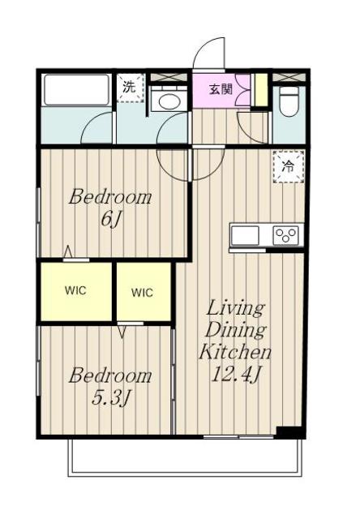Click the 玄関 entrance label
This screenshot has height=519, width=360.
[221, 89]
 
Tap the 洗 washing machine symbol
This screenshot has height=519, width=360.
[131, 88]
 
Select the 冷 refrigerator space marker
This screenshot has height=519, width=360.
[289, 166]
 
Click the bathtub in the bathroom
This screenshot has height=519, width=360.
[77, 90]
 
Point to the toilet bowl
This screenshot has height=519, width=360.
[289, 101]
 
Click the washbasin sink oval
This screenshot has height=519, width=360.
[169, 101]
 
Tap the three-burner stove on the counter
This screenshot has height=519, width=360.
[285, 235]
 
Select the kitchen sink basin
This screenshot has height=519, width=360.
[245, 235]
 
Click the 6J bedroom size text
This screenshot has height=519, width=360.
[110, 219]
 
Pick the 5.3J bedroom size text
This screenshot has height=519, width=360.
[110, 397]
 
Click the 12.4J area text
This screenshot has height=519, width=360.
[235, 375]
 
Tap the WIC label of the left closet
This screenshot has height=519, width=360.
[75, 290]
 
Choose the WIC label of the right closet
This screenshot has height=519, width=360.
[142, 293]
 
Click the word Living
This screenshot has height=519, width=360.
[235, 309]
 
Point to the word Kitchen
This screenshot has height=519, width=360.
[235, 352]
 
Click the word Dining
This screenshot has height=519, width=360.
[235, 330]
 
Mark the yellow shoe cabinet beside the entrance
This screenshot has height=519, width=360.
[261, 89]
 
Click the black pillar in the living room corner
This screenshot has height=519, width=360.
[289, 431]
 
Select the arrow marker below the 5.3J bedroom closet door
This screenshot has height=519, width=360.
[122, 332]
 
